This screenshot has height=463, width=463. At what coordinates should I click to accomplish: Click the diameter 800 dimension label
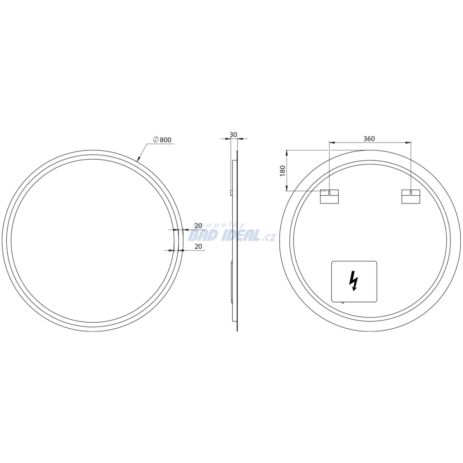[x=162, y=140]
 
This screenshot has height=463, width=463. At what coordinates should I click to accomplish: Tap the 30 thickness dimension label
[x=233, y=135]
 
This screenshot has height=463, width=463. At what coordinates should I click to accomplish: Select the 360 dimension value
[x=369, y=138]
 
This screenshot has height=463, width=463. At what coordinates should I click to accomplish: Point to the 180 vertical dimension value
[x=283, y=171]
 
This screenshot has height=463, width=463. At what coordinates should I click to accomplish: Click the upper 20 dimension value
[x=198, y=226]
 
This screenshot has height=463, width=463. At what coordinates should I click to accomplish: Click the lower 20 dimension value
[x=198, y=246]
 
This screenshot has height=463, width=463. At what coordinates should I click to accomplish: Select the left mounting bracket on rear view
[x=329, y=197]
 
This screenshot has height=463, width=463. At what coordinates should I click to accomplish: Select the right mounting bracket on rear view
[x=411, y=197]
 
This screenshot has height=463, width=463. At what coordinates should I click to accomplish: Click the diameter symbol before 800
[x=156, y=139]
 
